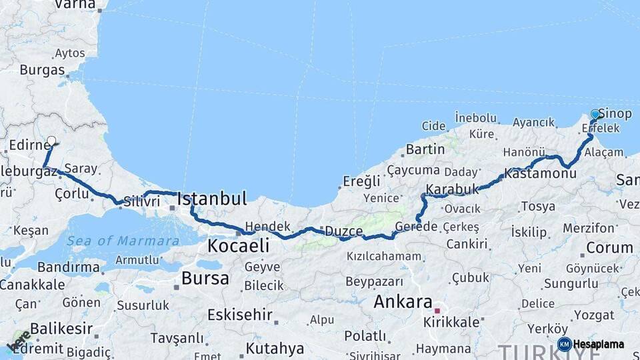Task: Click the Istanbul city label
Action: click(212, 198)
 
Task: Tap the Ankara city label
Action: click(403, 301)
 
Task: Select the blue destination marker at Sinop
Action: click(595, 115)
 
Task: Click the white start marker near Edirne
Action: click(51, 141)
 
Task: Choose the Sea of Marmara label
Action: click(123, 241)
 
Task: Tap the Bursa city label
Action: click(205, 278)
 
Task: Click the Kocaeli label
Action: click(238, 245)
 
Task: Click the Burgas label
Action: click(42, 69)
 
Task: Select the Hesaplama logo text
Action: click(599, 345)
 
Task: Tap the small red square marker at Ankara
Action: click(437, 310)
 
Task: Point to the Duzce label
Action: click(344, 231)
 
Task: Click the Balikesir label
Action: click(61, 329)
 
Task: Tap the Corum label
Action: click(609, 247)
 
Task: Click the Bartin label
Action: click(425, 149)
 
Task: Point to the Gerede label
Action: click(416, 227)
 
